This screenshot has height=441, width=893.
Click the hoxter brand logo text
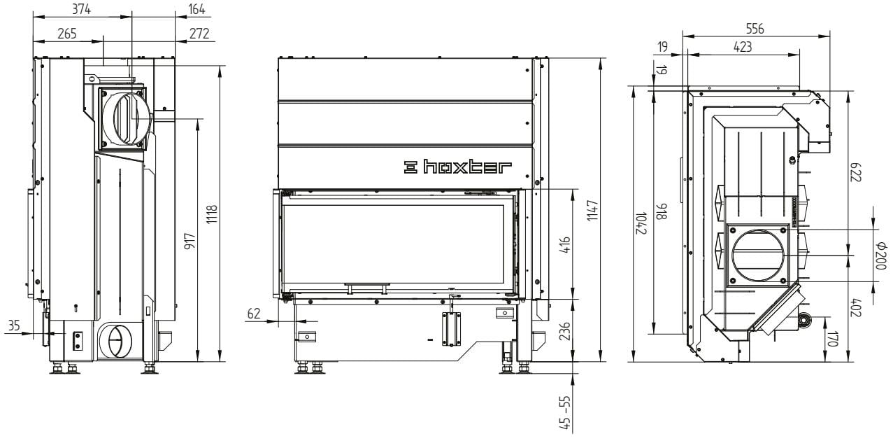coord(457,167)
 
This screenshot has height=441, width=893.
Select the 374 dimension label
coord(81,9)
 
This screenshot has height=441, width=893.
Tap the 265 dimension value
coord(67,34)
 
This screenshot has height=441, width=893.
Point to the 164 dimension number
coord(197,9)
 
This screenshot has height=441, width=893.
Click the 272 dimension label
coord(199,34)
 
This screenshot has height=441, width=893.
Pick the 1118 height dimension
coord(212,214)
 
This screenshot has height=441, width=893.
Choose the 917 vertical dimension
coord(190,241)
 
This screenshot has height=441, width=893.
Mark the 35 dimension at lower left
coord(14,325)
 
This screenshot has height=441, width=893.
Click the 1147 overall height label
coord(593,210)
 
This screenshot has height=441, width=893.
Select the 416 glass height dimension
coord(565,246)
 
